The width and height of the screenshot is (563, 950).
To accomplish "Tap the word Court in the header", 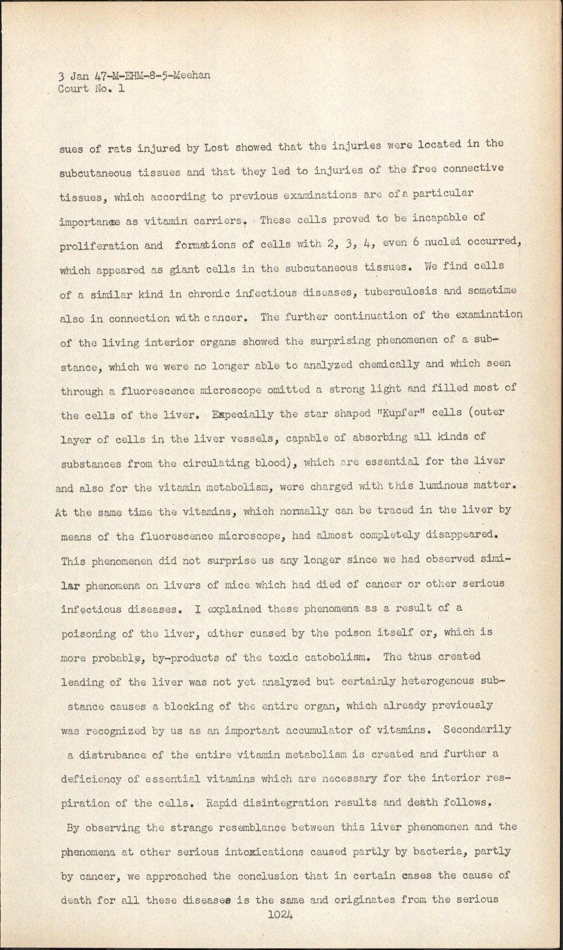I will [x=73, y=90].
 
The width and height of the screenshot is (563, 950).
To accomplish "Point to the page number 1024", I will [x=281, y=914].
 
